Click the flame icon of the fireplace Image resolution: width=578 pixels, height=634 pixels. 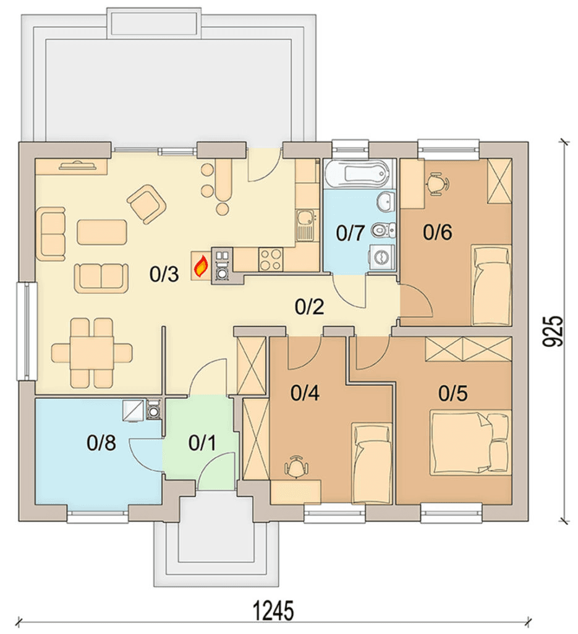201,267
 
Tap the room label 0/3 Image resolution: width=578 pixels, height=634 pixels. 164,275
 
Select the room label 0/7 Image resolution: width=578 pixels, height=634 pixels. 351,233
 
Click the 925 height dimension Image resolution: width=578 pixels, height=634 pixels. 552,331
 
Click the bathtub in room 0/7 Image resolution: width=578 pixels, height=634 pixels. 357,174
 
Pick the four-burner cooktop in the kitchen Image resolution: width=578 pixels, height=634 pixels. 270,259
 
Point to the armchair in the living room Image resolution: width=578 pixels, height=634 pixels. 147,204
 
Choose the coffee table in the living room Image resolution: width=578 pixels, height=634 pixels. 102,232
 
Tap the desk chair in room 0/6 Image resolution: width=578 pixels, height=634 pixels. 436,184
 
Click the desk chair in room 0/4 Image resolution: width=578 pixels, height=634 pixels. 297,467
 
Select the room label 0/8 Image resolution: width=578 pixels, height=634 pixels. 101,443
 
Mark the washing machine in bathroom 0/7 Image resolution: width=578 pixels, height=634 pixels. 381,256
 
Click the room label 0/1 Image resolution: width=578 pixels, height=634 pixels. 202,443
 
